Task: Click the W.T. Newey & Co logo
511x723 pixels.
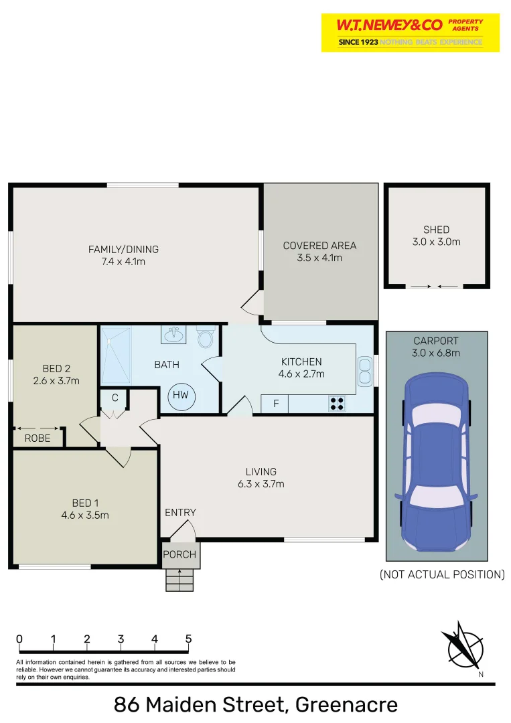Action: pyautogui.click(x=410, y=32)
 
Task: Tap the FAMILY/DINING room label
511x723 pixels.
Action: pyautogui.click(x=123, y=255)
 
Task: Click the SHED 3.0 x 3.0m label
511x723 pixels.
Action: pyautogui.click(x=436, y=236)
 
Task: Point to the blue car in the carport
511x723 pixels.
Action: pyautogui.click(x=435, y=462)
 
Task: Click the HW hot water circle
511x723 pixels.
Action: pyautogui.click(x=181, y=396)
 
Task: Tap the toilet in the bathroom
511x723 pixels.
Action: pyautogui.click(x=205, y=337)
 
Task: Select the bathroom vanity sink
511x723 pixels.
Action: pyautogui.click(x=173, y=334)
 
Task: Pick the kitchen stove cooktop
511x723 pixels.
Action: pyautogui.click(x=336, y=404)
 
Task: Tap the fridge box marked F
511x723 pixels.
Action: pyautogui.click(x=275, y=404)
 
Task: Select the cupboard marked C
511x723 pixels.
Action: pyautogui.click(x=115, y=398)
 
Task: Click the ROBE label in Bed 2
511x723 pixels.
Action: pyautogui.click(x=38, y=438)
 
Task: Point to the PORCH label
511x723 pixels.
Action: pyautogui.click(x=180, y=554)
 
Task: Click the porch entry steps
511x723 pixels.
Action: pyautogui.click(x=179, y=579)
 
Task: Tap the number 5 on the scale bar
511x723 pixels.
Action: pyautogui.click(x=188, y=639)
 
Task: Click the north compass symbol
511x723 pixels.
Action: pyautogui.click(x=463, y=647)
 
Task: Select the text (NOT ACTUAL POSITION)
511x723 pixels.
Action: pyautogui.click(x=442, y=574)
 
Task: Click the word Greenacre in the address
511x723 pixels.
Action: pyautogui.click(x=346, y=704)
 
